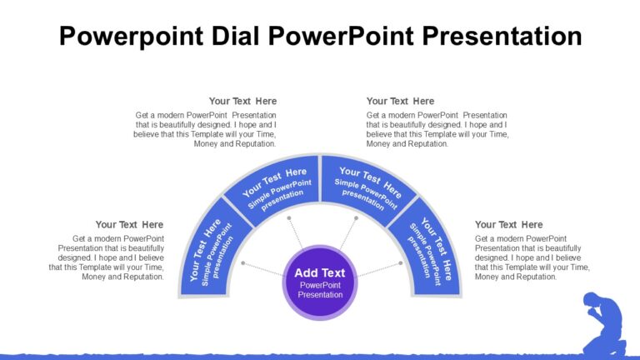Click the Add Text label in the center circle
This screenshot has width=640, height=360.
[x=320, y=272]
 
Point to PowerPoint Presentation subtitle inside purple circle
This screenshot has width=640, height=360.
[x=320, y=290]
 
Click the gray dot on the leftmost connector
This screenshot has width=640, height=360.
[x=242, y=263]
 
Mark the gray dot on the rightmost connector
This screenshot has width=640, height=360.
[x=400, y=263]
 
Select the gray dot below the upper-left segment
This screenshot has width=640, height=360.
[x=289, y=219]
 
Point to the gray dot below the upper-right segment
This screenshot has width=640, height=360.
[x=355, y=219]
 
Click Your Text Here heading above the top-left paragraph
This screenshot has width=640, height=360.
[x=242, y=102]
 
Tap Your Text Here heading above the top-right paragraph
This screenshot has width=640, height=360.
[x=400, y=102]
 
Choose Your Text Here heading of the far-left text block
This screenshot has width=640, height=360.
[x=129, y=225]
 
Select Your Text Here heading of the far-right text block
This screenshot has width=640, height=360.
[x=508, y=225]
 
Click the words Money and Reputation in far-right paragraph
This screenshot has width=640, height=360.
[x=515, y=277]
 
